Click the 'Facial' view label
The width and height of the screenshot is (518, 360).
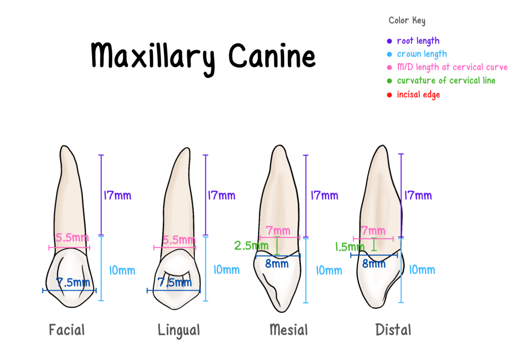[67, 330]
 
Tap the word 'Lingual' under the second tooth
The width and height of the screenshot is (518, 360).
[179, 331]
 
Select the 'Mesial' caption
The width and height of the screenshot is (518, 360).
[288, 330]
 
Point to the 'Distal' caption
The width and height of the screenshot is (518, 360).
[393, 330]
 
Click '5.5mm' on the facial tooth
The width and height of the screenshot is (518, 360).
[70, 238]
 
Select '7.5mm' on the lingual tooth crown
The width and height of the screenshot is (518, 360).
[175, 283]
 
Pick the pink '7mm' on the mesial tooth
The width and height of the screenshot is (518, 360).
[278, 231]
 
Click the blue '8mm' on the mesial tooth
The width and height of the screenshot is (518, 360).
[277, 264]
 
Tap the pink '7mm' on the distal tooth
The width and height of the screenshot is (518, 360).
[373, 230]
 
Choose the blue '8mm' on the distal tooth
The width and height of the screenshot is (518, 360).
[373, 264]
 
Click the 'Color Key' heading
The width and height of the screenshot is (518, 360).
[407, 21]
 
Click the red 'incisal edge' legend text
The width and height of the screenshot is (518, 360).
[418, 95]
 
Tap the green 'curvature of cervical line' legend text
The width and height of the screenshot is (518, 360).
[446, 81]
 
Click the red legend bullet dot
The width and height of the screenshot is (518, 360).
[389, 95]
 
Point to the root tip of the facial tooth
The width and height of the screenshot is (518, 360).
[62, 147]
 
